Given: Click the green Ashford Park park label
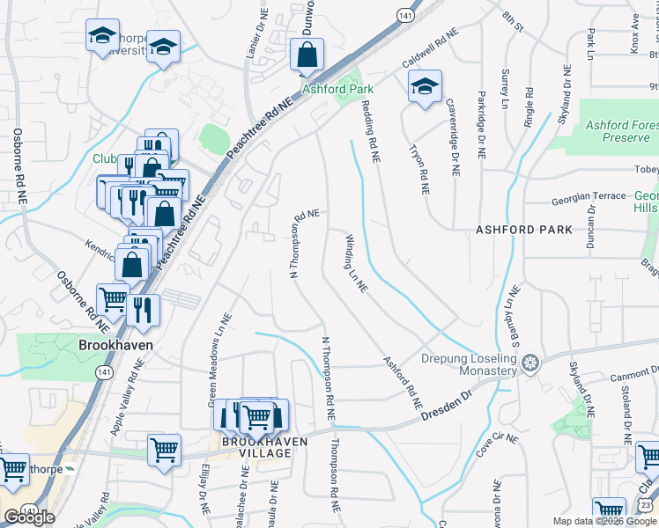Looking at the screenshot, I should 337,89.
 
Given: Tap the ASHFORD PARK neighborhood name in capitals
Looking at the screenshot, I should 523,230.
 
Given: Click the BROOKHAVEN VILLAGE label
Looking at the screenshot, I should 256,446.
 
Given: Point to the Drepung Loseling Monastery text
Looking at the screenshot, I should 468,365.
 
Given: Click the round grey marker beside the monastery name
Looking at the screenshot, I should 529,363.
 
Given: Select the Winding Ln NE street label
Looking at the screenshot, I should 356,263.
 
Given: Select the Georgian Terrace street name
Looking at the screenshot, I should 582,200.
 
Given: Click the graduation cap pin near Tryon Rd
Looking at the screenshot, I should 424,86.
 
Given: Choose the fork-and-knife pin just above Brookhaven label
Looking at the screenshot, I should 142,309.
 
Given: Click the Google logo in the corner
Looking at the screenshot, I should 29,517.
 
